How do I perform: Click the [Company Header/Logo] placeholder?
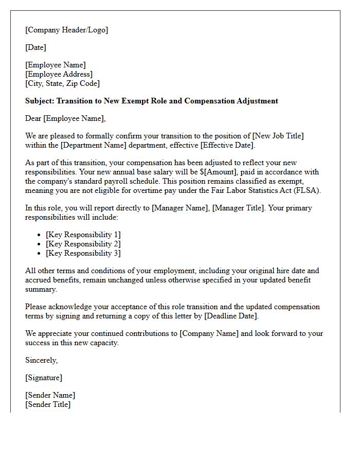click(x=67, y=30)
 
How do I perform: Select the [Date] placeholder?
click(x=36, y=47)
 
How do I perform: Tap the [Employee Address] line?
click(x=59, y=74)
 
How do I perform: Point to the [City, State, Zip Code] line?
click(x=63, y=83)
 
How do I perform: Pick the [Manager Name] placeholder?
click(x=181, y=208)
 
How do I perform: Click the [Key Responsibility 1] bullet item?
click(x=83, y=235)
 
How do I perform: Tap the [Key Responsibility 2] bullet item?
click(x=83, y=244)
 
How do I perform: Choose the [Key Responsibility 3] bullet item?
click(x=83, y=253)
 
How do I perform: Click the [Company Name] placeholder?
click(x=209, y=333)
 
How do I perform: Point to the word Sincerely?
click(x=42, y=360)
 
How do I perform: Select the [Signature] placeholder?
click(x=44, y=378)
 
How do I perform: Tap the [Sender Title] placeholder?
click(x=48, y=404)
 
